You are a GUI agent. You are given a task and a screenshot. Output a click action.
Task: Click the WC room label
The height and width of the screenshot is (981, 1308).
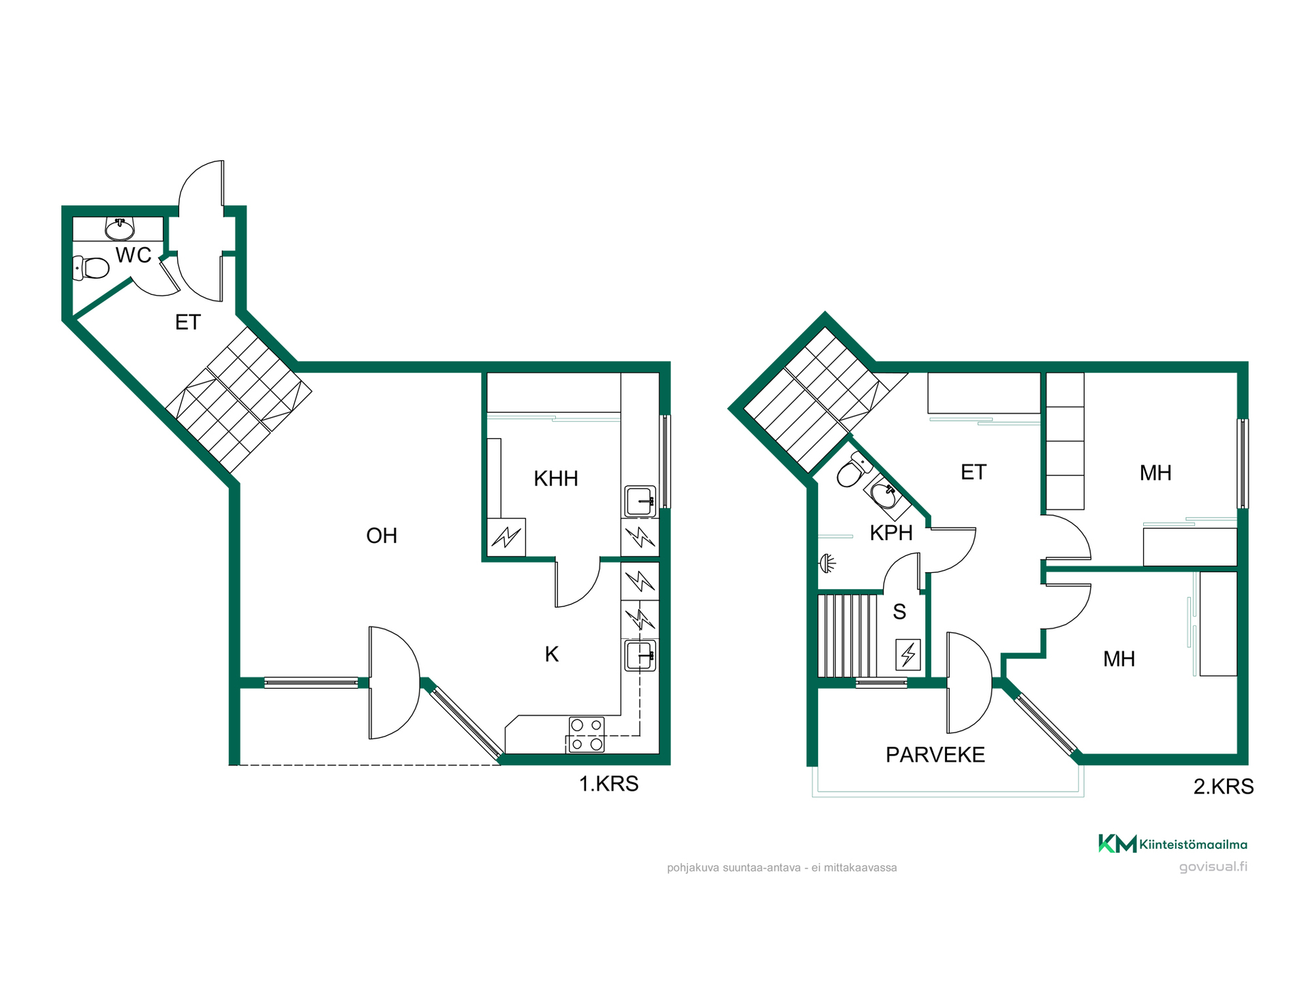tap(134, 255)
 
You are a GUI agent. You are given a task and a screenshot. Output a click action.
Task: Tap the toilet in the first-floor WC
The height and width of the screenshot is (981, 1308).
tap(91, 268)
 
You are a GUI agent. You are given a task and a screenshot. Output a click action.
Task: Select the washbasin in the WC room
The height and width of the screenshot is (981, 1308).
tap(120, 229)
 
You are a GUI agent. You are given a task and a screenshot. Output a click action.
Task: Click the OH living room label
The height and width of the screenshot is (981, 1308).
tap(381, 536)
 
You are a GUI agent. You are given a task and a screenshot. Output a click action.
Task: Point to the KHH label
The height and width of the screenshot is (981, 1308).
tap(556, 479)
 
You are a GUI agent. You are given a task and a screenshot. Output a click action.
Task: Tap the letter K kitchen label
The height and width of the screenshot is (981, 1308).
tap(552, 655)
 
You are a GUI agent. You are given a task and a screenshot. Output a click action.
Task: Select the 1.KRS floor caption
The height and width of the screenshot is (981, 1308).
tap(608, 784)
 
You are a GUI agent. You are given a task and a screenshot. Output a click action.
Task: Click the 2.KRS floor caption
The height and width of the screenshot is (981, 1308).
tap(1224, 787)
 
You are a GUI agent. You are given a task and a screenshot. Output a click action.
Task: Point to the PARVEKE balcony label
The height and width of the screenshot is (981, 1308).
tap(935, 755)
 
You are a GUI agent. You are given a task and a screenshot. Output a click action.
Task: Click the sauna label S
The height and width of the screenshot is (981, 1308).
tap(899, 612)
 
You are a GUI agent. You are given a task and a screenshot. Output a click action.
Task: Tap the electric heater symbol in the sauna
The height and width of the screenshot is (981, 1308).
tap(908, 655)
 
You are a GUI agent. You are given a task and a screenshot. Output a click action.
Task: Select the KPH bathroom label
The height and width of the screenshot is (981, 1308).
tap(891, 533)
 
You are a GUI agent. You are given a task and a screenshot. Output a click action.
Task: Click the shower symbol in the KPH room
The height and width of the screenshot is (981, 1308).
tap(827, 563)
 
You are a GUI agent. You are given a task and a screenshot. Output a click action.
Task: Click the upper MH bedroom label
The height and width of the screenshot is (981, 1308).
tap(1155, 473)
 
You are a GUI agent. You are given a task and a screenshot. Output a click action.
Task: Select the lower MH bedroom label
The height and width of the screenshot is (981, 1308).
tap(1119, 659)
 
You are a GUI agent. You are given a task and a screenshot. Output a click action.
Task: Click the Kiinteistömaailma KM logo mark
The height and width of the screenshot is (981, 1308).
tap(1117, 843)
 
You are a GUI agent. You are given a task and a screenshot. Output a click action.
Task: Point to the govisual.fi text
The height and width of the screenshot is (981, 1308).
tap(1213, 867)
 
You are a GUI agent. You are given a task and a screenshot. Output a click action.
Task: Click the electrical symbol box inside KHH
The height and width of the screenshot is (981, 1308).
tap(506, 538)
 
